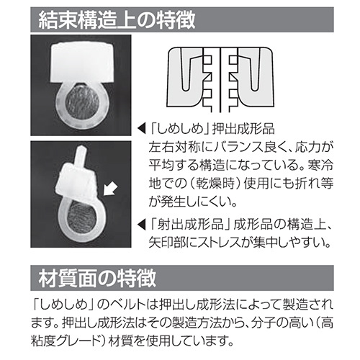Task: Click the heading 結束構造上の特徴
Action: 117,19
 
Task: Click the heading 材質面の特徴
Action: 97,278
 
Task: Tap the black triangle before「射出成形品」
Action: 142,225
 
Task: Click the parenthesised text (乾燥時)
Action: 220,184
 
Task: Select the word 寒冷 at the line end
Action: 321,166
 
